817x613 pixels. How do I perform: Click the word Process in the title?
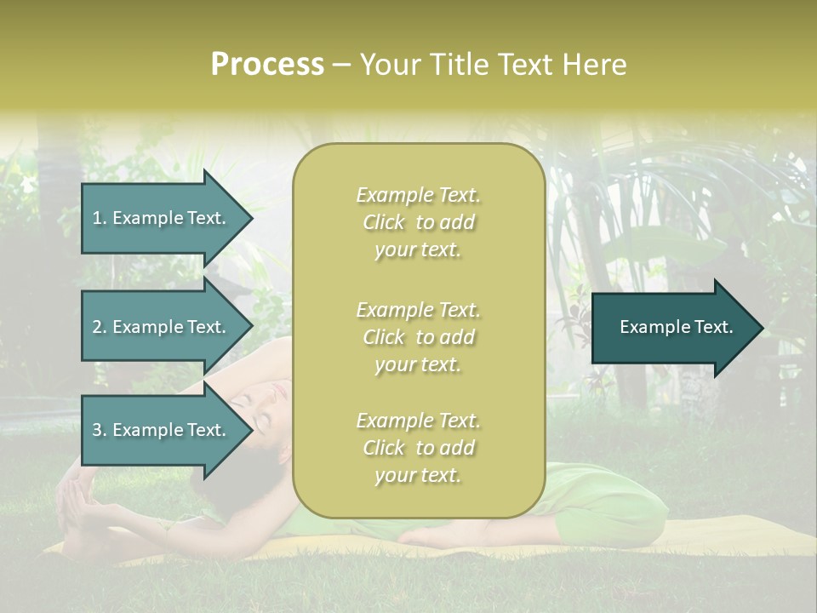click(x=267, y=65)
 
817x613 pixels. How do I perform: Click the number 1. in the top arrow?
click(x=100, y=218)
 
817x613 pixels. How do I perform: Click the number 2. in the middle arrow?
click(x=100, y=327)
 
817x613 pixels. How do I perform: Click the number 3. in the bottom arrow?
click(x=100, y=430)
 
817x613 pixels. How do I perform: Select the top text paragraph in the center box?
click(x=418, y=222)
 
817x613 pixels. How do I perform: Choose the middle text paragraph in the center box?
click(x=418, y=337)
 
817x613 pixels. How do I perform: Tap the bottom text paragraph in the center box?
click(x=418, y=448)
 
